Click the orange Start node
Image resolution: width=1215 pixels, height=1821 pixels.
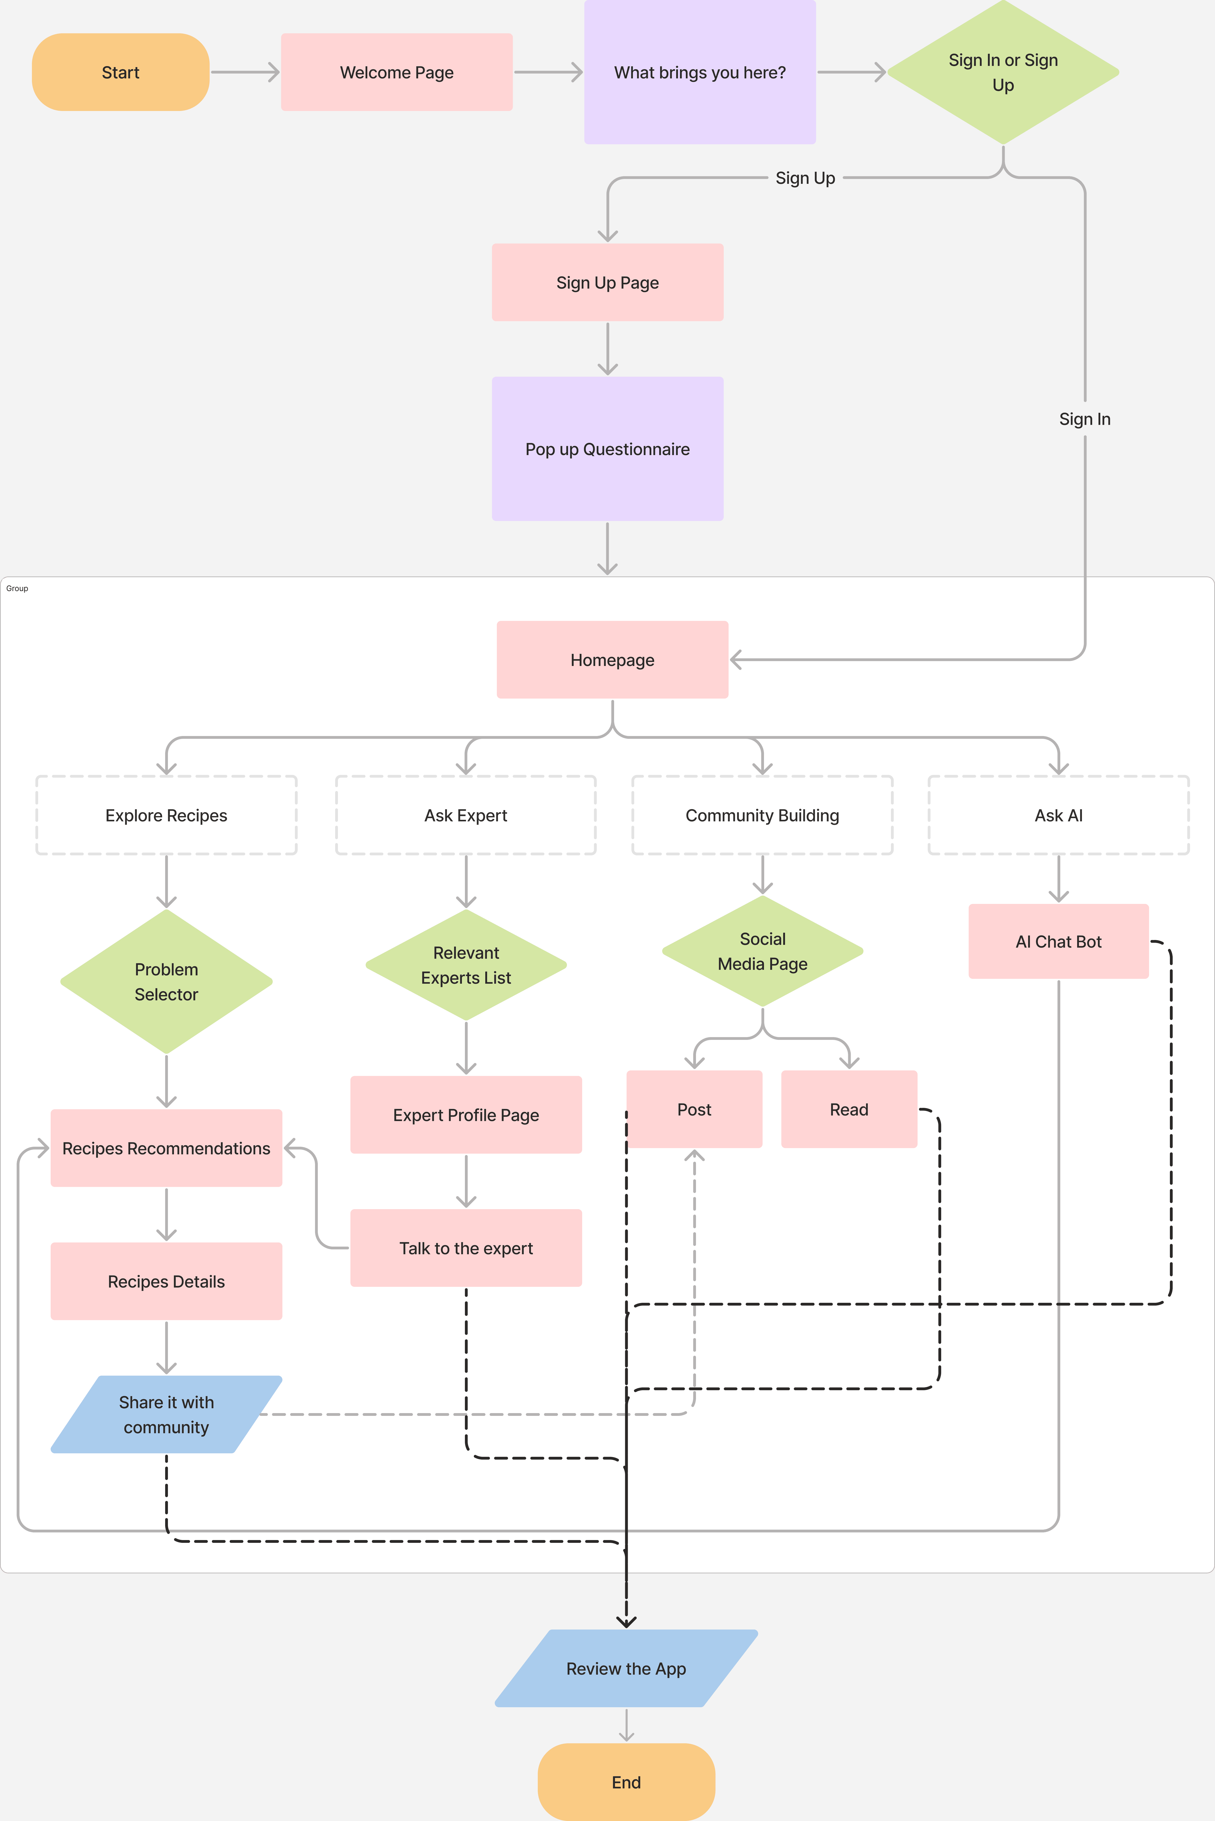[120, 72]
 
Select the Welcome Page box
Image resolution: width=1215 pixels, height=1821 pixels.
[397, 72]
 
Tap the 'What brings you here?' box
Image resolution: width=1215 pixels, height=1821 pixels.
[700, 72]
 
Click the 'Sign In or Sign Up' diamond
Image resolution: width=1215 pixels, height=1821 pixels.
[1003, 72]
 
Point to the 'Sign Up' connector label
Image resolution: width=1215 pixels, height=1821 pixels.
[805, 178]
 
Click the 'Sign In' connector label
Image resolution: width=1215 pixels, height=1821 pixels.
[1085, 419]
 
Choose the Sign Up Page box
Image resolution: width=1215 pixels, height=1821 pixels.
[607, 283]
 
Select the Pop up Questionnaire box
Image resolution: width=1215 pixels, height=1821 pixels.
[607, 449]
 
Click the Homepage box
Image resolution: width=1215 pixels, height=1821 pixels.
[612, 660]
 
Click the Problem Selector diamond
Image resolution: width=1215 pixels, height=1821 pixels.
[167, 981]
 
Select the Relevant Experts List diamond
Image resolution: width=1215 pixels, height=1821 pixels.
[466, 965]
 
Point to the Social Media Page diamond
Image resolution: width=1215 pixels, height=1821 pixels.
[763, 951]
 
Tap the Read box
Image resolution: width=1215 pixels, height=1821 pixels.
[849, 1109]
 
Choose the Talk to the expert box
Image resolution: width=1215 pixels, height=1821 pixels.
[466, 1248]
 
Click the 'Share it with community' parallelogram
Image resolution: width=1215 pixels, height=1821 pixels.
[167, 1414]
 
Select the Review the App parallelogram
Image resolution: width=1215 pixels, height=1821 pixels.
[626, 1668]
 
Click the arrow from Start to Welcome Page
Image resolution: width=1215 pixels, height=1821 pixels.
[245, 72]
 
